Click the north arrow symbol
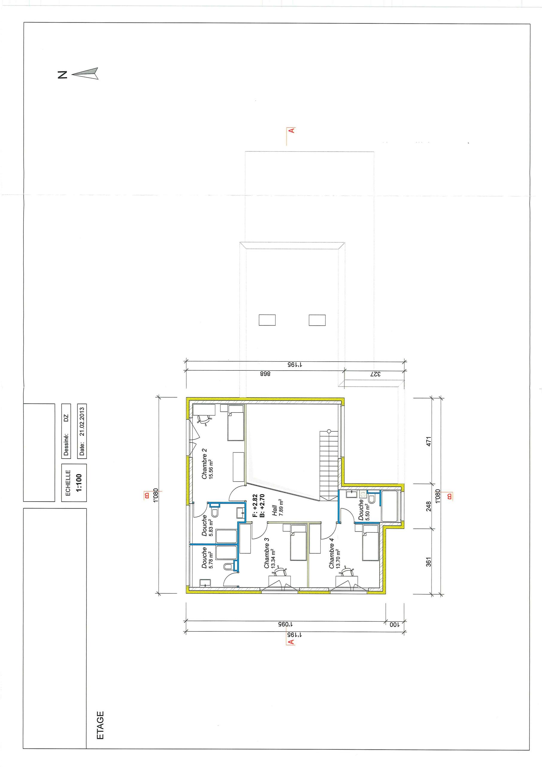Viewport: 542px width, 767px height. tap(85, 73)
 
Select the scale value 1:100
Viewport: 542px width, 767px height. tap(79, 483)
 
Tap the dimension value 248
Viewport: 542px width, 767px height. tap(429, 506)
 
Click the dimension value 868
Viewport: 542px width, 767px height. tap(265, 374)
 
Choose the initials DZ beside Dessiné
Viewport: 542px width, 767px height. tap(66, 418)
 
